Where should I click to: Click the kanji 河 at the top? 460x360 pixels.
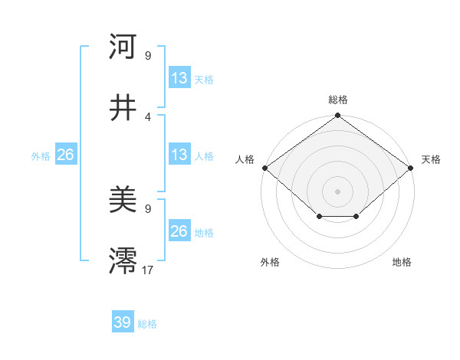123,47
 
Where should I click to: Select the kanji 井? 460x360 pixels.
123,109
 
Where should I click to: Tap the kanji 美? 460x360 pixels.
123,201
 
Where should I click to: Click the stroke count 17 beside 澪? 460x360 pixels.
148,270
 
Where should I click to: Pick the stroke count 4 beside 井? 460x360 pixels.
148,116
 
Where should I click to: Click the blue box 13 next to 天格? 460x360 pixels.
179,77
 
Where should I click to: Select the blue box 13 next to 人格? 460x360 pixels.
179,155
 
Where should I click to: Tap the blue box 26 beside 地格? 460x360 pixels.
179,231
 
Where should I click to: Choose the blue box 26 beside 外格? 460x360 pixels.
65,155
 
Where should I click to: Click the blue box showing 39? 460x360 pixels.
123,322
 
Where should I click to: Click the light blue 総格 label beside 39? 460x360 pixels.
147,324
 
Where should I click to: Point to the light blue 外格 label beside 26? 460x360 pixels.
41,156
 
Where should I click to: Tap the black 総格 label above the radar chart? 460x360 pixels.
338,100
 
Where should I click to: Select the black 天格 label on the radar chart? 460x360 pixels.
431,159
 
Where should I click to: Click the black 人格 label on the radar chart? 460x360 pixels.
245,159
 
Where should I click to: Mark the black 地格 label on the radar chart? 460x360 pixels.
402,263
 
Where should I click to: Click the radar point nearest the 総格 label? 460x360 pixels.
337,116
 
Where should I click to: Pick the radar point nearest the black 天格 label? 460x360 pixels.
412,168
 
